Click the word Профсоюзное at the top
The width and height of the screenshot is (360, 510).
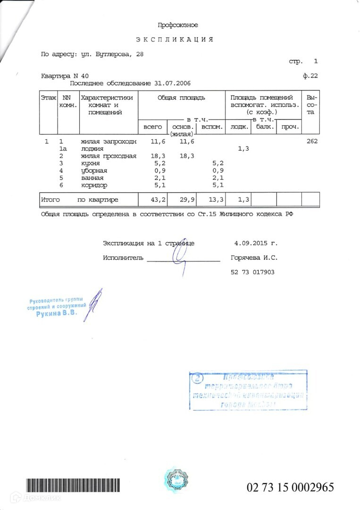pos(178,25)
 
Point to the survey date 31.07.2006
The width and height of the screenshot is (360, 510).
pos(172,83)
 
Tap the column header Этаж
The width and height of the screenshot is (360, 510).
pos(48,98)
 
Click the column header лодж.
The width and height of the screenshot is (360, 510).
pos(239,127)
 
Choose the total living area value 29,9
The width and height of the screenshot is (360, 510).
pos(185,200)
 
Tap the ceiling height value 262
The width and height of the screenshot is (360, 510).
pos(312,141)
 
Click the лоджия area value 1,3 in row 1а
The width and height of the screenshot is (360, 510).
pos(243,149)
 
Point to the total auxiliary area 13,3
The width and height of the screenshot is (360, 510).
pos(216,200)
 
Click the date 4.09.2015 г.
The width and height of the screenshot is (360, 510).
pos(256,243)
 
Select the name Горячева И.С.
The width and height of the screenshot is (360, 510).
pos(254,258)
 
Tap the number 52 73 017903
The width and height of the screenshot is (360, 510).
pos(252,272)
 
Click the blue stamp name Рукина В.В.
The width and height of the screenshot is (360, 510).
pos(56,314)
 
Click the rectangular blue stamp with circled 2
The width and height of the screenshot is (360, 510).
pos(248,391)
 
